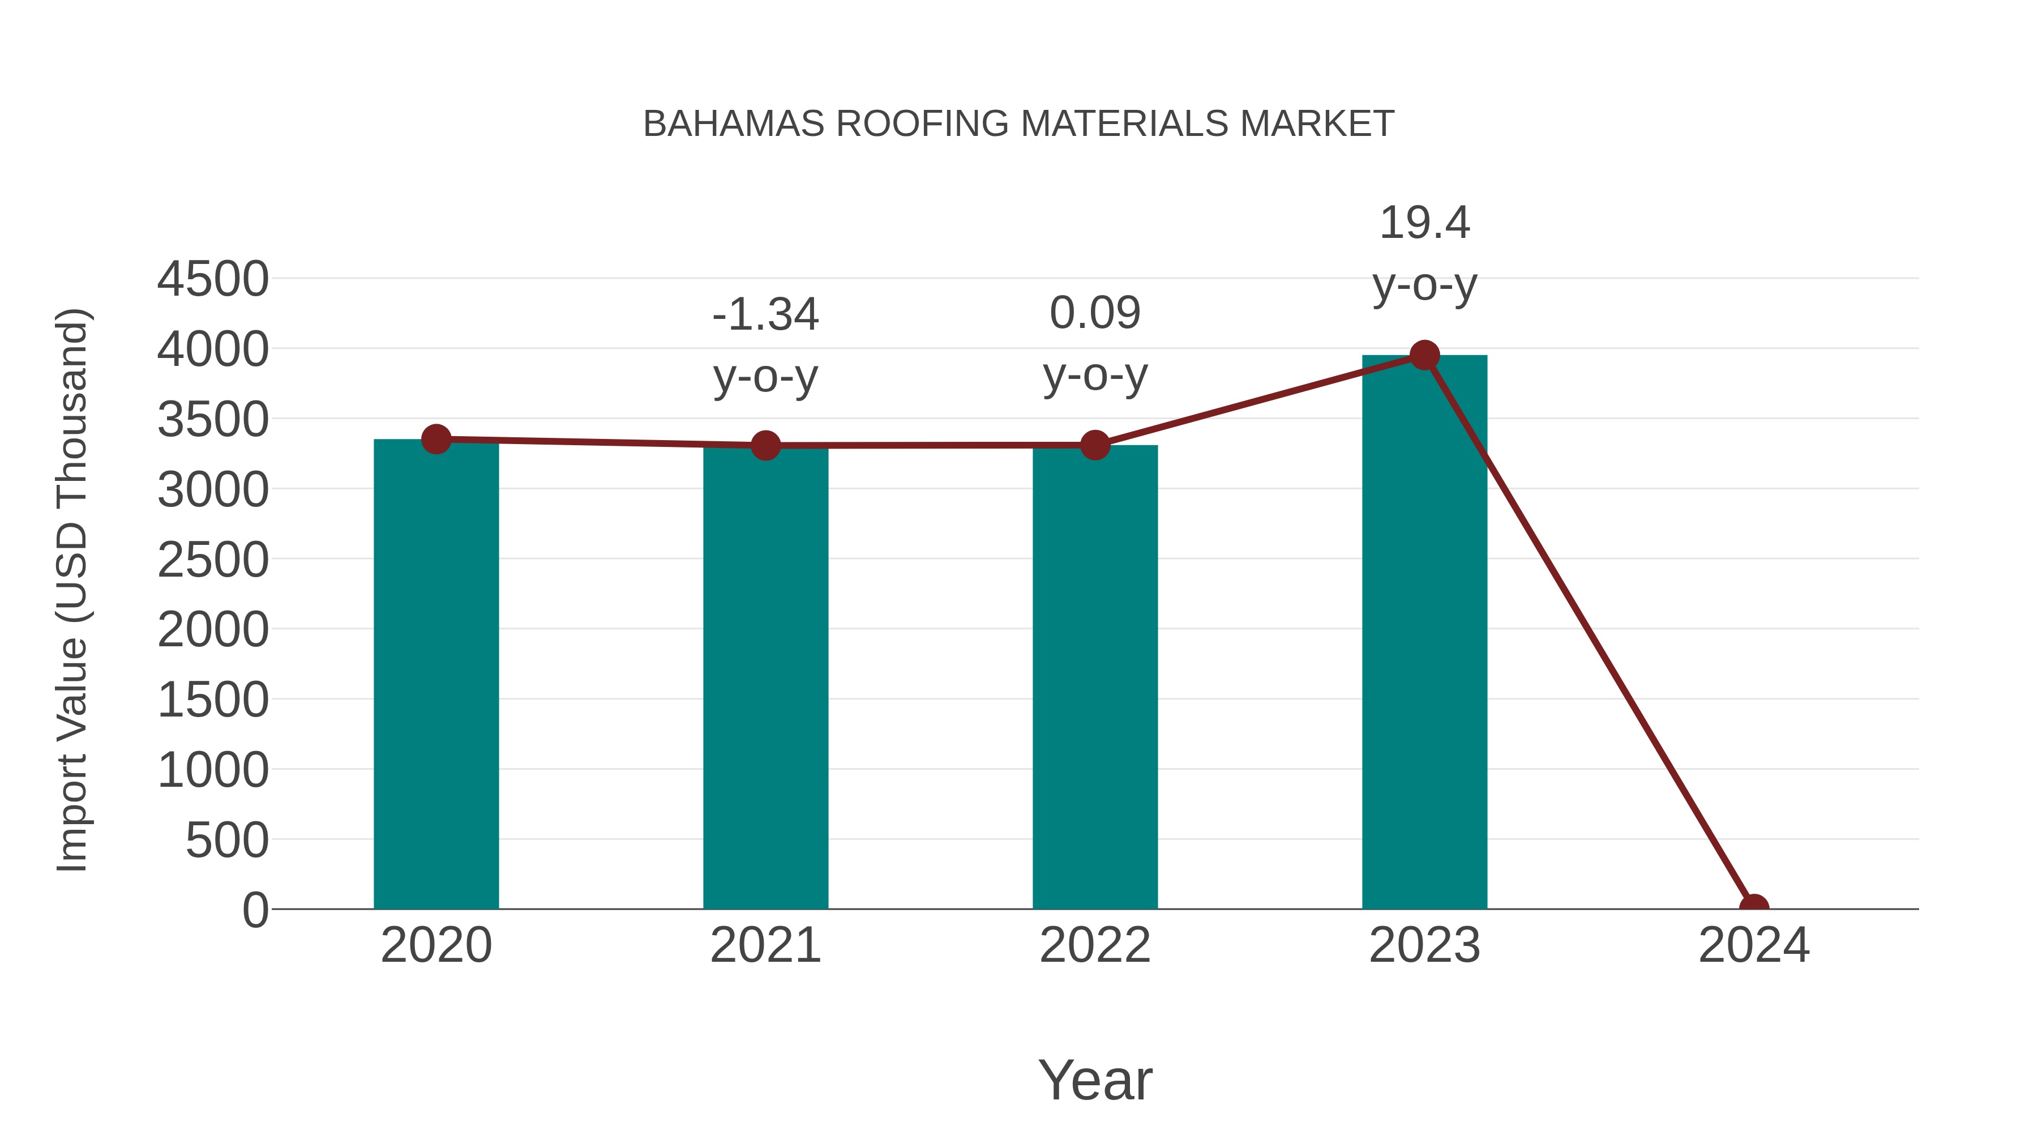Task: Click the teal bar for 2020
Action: (436, 673)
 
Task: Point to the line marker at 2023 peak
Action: (1424, 355)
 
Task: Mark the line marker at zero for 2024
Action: (1753, 907)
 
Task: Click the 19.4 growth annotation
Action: (1424, 223)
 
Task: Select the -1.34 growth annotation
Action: (765, 315)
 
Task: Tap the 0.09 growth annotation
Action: (1095, 313)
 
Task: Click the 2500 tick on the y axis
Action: (213, 560)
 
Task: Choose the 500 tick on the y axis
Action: (227, 840)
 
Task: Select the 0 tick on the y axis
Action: (255, 910)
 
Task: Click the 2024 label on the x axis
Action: (1753, 945)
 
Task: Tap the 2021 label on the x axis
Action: (765, 945)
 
